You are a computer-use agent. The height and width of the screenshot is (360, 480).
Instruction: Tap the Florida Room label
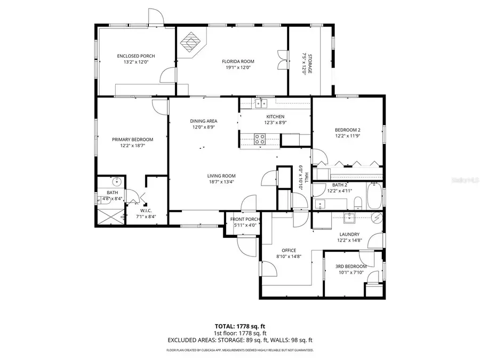[236, 61]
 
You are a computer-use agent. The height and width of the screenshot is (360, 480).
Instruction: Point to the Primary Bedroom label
[132, 139]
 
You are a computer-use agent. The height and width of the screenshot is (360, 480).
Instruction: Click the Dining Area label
[204, 121]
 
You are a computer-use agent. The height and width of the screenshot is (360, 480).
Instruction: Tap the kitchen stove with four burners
[260, 139]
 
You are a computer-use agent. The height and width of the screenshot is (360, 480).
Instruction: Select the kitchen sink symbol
[260, 102]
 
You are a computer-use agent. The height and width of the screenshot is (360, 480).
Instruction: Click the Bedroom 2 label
[348, 130]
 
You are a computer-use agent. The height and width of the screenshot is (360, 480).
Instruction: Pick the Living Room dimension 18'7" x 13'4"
[221, 182]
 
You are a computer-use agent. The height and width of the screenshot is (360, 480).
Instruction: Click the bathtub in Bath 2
[374, 196]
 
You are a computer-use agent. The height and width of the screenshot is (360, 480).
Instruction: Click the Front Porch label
[245, 219]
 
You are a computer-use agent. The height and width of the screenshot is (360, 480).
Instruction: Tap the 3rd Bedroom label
[350, 266]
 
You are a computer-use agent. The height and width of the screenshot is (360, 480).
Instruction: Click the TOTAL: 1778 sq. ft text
[239, 325]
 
